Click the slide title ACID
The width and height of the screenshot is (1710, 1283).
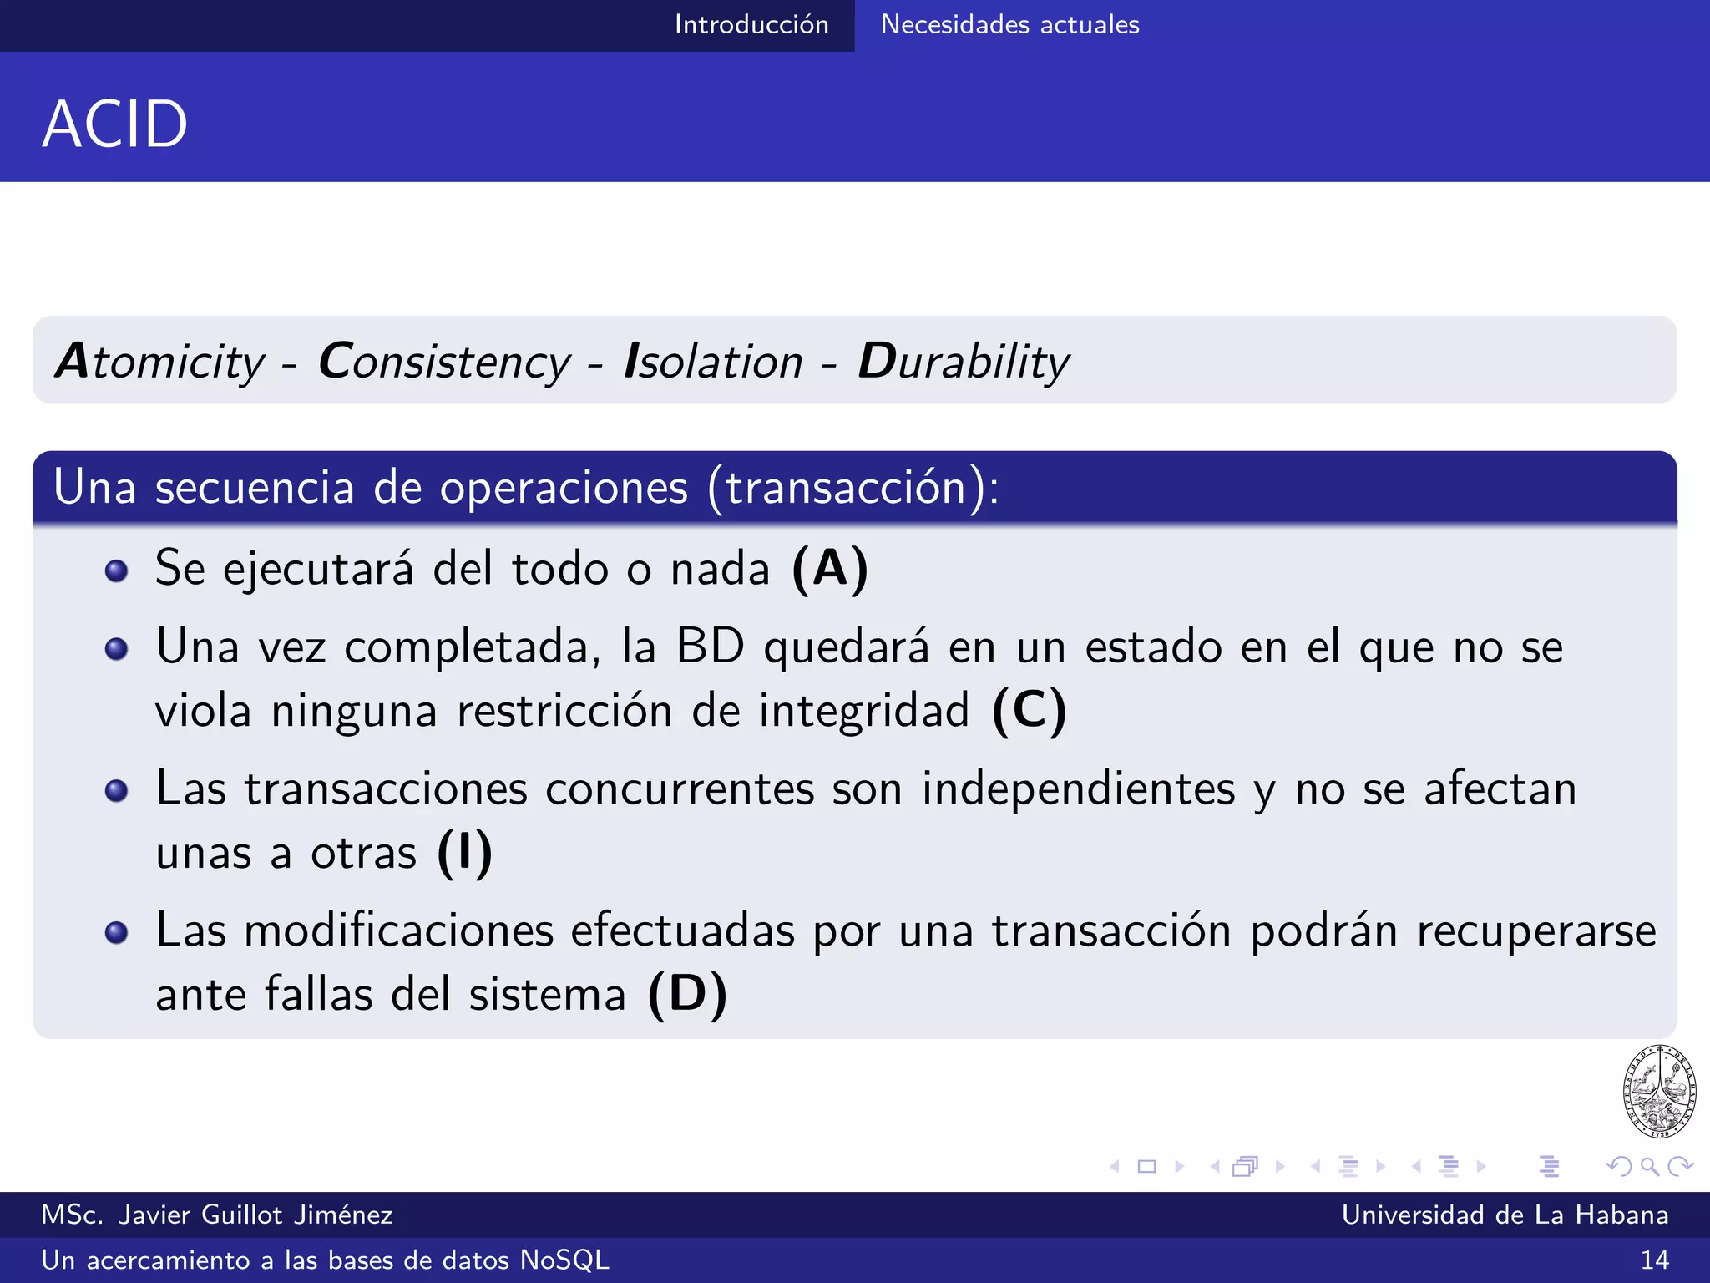[115, 124]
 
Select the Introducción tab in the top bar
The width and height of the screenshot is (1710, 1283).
[751, 24]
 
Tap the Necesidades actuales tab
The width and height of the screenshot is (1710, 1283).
[1009, 24]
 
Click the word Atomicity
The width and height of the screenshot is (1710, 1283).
[159, 362]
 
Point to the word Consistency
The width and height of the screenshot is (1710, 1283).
[444, 362]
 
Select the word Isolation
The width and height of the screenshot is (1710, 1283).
[713, 362]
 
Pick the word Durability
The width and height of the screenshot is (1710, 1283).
[964, 362]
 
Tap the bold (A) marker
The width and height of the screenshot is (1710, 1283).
[830, 570]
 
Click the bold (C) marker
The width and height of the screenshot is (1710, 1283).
[1029, 711]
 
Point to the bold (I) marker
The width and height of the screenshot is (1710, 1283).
[465, 853]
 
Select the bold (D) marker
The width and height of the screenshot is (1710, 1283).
[687, 994]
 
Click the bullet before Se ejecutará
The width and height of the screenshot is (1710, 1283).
[117, 571]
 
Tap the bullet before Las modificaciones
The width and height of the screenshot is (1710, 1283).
[117, 932]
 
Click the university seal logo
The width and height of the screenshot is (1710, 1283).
[1659, 1091]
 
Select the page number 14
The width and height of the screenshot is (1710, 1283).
[1654, 1260]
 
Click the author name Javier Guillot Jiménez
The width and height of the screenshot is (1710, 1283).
[255, 1215]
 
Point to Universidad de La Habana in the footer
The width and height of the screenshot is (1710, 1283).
[1505, 1215]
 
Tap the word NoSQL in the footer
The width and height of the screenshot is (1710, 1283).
[564, 1260]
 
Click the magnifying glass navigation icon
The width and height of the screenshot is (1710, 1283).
[1649, 1166]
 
